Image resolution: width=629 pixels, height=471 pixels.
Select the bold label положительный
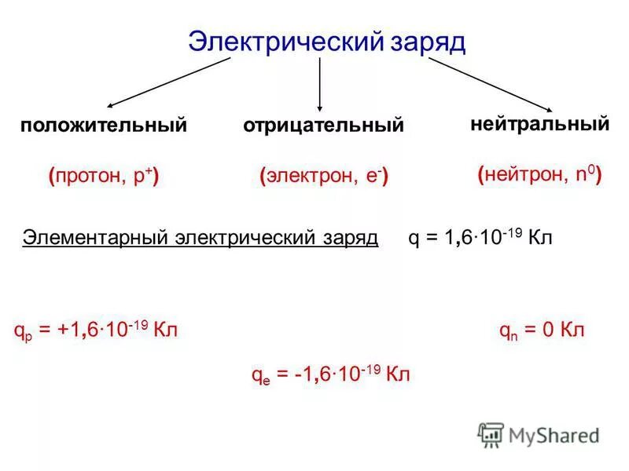(104, 126)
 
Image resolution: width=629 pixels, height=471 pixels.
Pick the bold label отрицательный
(323, 126)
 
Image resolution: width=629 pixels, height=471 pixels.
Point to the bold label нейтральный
(540, 124)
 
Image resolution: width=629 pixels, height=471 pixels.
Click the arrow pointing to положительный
(168, 82)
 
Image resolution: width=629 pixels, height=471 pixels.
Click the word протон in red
(86, 177)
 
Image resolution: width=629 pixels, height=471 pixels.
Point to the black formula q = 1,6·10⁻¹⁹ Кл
(480, 238)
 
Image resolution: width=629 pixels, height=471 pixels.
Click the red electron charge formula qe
(330, 374)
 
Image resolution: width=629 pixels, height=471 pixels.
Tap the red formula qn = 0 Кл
(543, 330)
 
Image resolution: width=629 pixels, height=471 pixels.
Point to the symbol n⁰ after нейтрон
(584, 174)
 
